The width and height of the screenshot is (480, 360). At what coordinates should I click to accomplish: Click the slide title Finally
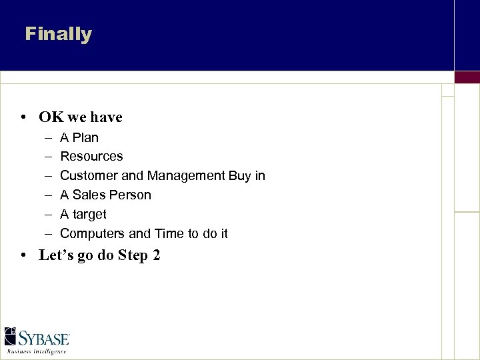(59, 34)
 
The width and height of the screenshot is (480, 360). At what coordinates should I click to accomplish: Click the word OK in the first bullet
(51, 117)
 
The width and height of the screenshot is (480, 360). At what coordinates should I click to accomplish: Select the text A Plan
(79, 138)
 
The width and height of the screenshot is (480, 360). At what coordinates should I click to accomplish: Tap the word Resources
(91, 157)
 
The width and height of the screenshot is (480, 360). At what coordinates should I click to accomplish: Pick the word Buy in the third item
(241, 176)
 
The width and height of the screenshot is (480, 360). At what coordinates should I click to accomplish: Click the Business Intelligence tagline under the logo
(37, 351)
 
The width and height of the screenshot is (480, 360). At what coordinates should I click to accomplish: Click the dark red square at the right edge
(467, 77)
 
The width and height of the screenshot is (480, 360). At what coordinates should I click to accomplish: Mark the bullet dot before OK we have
(23, 118)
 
